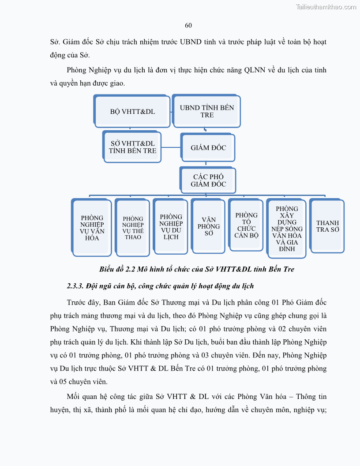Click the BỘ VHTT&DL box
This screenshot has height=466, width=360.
click(132, 112)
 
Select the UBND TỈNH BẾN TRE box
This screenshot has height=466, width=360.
click(207, 111)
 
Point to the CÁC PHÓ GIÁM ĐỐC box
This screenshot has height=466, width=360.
click(208, 180)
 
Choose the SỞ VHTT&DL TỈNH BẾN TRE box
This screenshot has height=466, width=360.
click(132, 147)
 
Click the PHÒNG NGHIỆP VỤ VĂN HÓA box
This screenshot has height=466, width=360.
click(92, 228)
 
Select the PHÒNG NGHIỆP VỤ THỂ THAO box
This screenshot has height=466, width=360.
click(133, 228)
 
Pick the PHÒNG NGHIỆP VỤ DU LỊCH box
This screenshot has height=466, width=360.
click(171, 227)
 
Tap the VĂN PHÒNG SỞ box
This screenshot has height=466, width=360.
click(208, 226)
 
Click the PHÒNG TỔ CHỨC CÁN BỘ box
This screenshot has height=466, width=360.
click(246, 225)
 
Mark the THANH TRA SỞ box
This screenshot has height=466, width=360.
click(327, 226)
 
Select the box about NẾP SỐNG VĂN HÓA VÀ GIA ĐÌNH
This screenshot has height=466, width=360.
click(287, 229)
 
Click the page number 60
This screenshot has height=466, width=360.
click(188, 25)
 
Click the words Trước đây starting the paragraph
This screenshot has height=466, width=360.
click(82, 303)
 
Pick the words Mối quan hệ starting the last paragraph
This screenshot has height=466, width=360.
click(87, 396)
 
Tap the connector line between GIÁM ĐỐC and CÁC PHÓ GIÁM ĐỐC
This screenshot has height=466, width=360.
click(208, 163)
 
